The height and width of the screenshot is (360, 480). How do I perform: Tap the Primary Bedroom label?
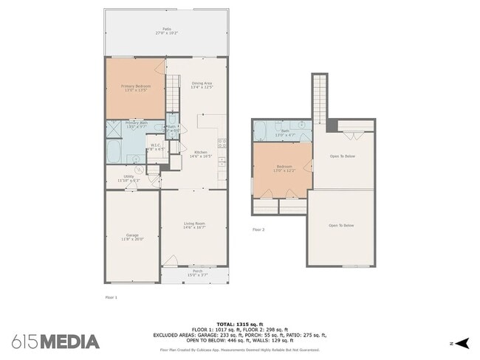click(135, 88)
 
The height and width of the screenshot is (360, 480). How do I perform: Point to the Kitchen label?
click(201, 154)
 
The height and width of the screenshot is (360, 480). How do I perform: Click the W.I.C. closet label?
click(156, 147)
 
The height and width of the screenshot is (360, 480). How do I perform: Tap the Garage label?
click(131, 238)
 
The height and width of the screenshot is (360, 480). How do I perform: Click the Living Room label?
click(194, 225)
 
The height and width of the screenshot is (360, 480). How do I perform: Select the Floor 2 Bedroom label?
click(284, 168)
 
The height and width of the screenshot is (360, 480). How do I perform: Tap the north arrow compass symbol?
click(462, 343)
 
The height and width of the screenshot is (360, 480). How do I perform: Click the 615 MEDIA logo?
click(55, 342)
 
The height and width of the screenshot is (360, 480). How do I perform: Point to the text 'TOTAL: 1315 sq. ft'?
click(239, 323)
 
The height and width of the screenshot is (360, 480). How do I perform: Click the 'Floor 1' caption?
click(111, 297)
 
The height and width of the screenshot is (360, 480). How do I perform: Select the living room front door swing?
click(171, 260)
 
